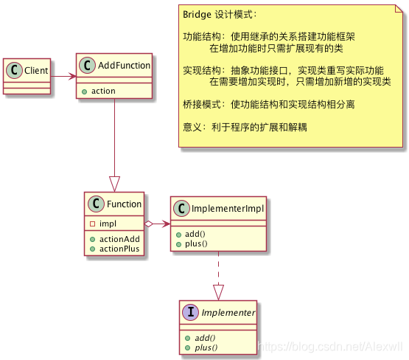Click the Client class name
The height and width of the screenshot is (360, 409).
point(35,71)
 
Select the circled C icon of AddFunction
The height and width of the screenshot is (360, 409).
point(86,66)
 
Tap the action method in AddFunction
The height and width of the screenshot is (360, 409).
point(102,91)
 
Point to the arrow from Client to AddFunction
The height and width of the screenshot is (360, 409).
point(64,75)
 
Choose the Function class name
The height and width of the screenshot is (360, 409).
point(124,204)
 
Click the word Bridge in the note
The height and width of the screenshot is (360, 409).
point(196,14)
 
